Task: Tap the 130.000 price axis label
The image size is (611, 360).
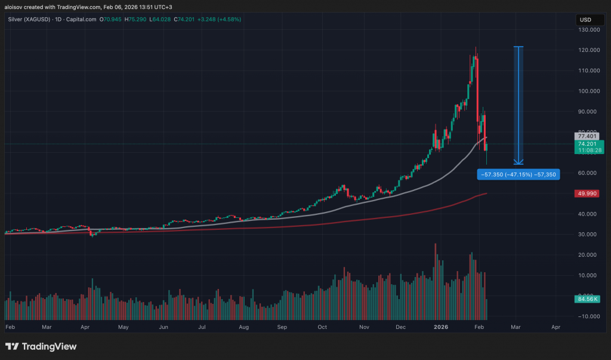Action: pos(585,30)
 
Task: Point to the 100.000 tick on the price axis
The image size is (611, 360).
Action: pos(585,91)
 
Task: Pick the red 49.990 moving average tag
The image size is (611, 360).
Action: pos(585,193)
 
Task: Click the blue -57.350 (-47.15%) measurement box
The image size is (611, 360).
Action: pos(518,174)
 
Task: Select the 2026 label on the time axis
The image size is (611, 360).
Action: pos(440,327)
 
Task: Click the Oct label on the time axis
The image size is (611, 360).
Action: pos(323,327)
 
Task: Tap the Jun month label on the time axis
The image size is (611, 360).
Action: pos(163,327)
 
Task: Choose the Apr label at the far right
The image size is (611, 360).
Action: pos(556,327)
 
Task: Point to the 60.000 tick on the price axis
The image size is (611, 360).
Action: pos(585,173)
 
